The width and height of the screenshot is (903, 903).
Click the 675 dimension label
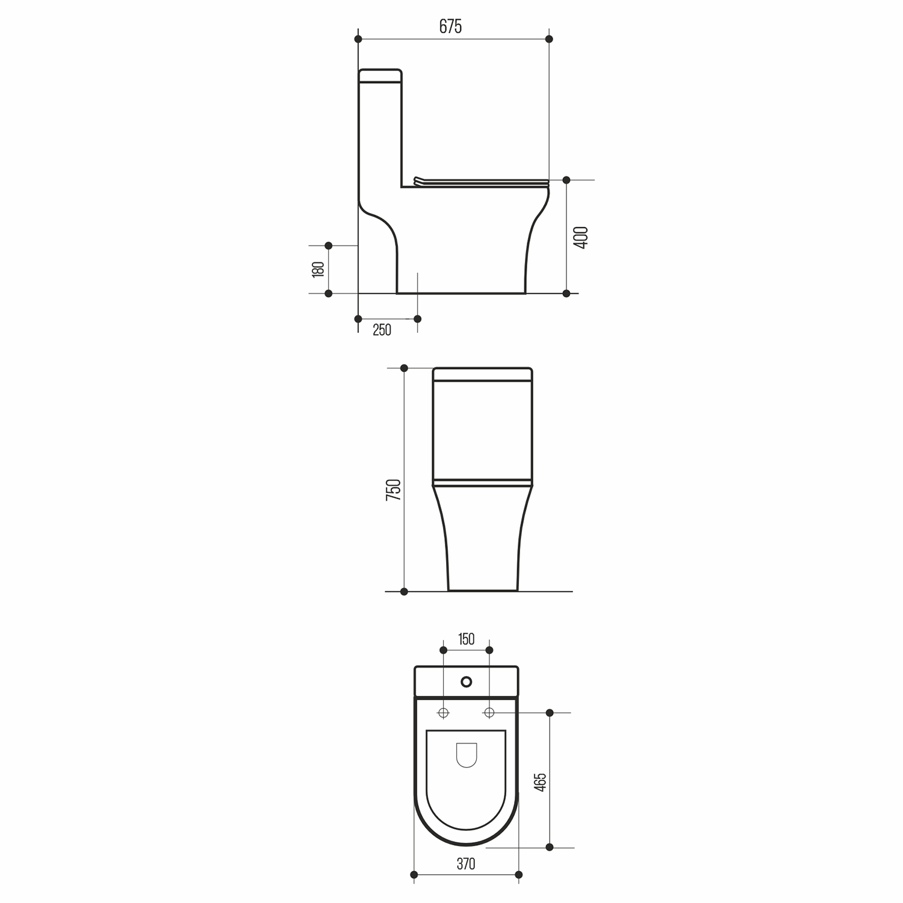(x=450, y=26)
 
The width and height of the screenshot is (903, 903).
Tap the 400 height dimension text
(x=581, y=238)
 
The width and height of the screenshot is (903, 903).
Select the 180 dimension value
(x=318, y=269)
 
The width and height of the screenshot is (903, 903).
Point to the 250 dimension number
(x=382, y=330)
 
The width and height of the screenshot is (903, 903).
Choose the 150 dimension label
(x=467, y=639)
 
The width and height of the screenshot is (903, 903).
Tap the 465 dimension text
(x=540, y=781)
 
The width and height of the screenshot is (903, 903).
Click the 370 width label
(x=466, y=864)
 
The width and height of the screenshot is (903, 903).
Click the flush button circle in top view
(x=466, y=682)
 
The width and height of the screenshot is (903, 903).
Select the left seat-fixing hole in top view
(x=444, y=713)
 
